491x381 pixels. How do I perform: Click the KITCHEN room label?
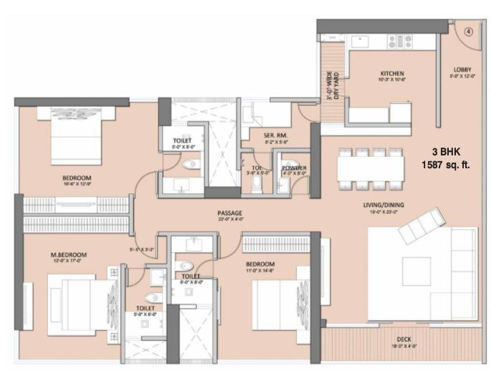click(x=392, y=73)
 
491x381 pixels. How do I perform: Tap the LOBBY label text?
click(x=462, y=69)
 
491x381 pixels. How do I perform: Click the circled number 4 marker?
click(x=467, y=32)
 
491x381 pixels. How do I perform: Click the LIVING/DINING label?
click(x=383, y=206)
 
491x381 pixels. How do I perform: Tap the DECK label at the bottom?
click(x=404, y=340)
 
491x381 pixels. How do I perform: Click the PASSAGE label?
click(x=230, y=213)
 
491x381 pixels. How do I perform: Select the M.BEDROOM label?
click(x=69, y=255)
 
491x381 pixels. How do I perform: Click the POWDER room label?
click(x=293, y=168)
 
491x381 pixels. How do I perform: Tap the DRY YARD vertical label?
click(x=331, y=85)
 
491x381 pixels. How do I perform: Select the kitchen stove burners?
click(x=400, y=42)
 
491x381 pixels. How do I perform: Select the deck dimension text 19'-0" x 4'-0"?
click(x=404, y=347)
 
